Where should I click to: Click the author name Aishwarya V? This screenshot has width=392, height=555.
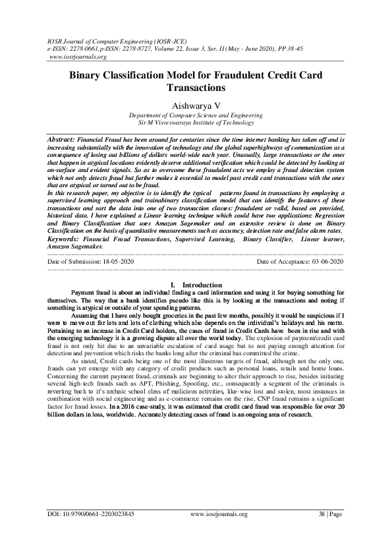pos(195,104)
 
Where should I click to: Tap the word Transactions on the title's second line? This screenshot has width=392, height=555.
pos(196,88)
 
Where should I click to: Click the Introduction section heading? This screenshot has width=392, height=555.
pos(202,284)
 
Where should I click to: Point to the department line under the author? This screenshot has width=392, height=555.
pos(195,115)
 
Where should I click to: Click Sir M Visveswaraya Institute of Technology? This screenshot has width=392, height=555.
pos(195,123)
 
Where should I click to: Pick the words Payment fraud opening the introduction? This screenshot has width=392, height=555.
pos(92,293)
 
